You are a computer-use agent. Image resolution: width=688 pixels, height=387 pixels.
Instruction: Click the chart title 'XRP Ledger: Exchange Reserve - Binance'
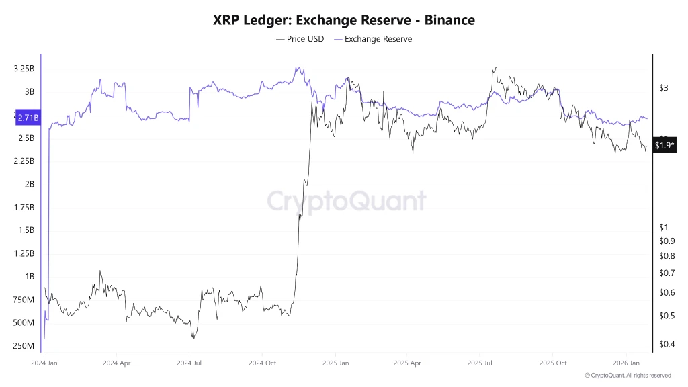(x=343, y=20)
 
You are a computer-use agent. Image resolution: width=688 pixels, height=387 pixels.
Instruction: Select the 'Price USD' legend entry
(x=300, y=39)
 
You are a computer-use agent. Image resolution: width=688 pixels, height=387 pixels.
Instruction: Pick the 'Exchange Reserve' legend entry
(x=373, y=39)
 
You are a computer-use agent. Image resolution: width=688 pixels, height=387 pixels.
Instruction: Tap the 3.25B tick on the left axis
(x=24, y=69)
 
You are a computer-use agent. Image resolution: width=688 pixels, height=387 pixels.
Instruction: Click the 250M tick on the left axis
(x=24, y=346)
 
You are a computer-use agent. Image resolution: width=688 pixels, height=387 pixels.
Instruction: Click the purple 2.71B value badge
(x=28, y=118)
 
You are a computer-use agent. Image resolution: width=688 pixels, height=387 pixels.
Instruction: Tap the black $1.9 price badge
(x=664, y=145)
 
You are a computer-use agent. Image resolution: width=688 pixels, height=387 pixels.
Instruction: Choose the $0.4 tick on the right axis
(x=666, y=345)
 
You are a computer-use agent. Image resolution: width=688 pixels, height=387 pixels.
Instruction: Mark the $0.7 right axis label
(x=666, y=273)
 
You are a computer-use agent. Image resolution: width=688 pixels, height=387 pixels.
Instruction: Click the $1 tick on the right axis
(x=663, y=227)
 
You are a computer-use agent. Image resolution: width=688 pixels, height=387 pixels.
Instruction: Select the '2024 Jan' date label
(x=45, y=363)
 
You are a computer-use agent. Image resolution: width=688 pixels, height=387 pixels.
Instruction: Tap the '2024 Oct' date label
(x=263, y=363)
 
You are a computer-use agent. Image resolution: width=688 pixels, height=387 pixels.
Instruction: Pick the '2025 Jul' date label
(x=480, y=363)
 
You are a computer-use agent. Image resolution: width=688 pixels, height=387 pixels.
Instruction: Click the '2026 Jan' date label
(x=626, y=363)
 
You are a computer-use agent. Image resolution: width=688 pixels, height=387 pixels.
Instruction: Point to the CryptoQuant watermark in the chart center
(x=347, y=201)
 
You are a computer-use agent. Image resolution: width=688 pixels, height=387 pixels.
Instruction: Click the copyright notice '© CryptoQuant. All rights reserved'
(x=628, y=376)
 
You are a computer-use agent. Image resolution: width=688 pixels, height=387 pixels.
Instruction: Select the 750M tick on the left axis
(x=24, y=300)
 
